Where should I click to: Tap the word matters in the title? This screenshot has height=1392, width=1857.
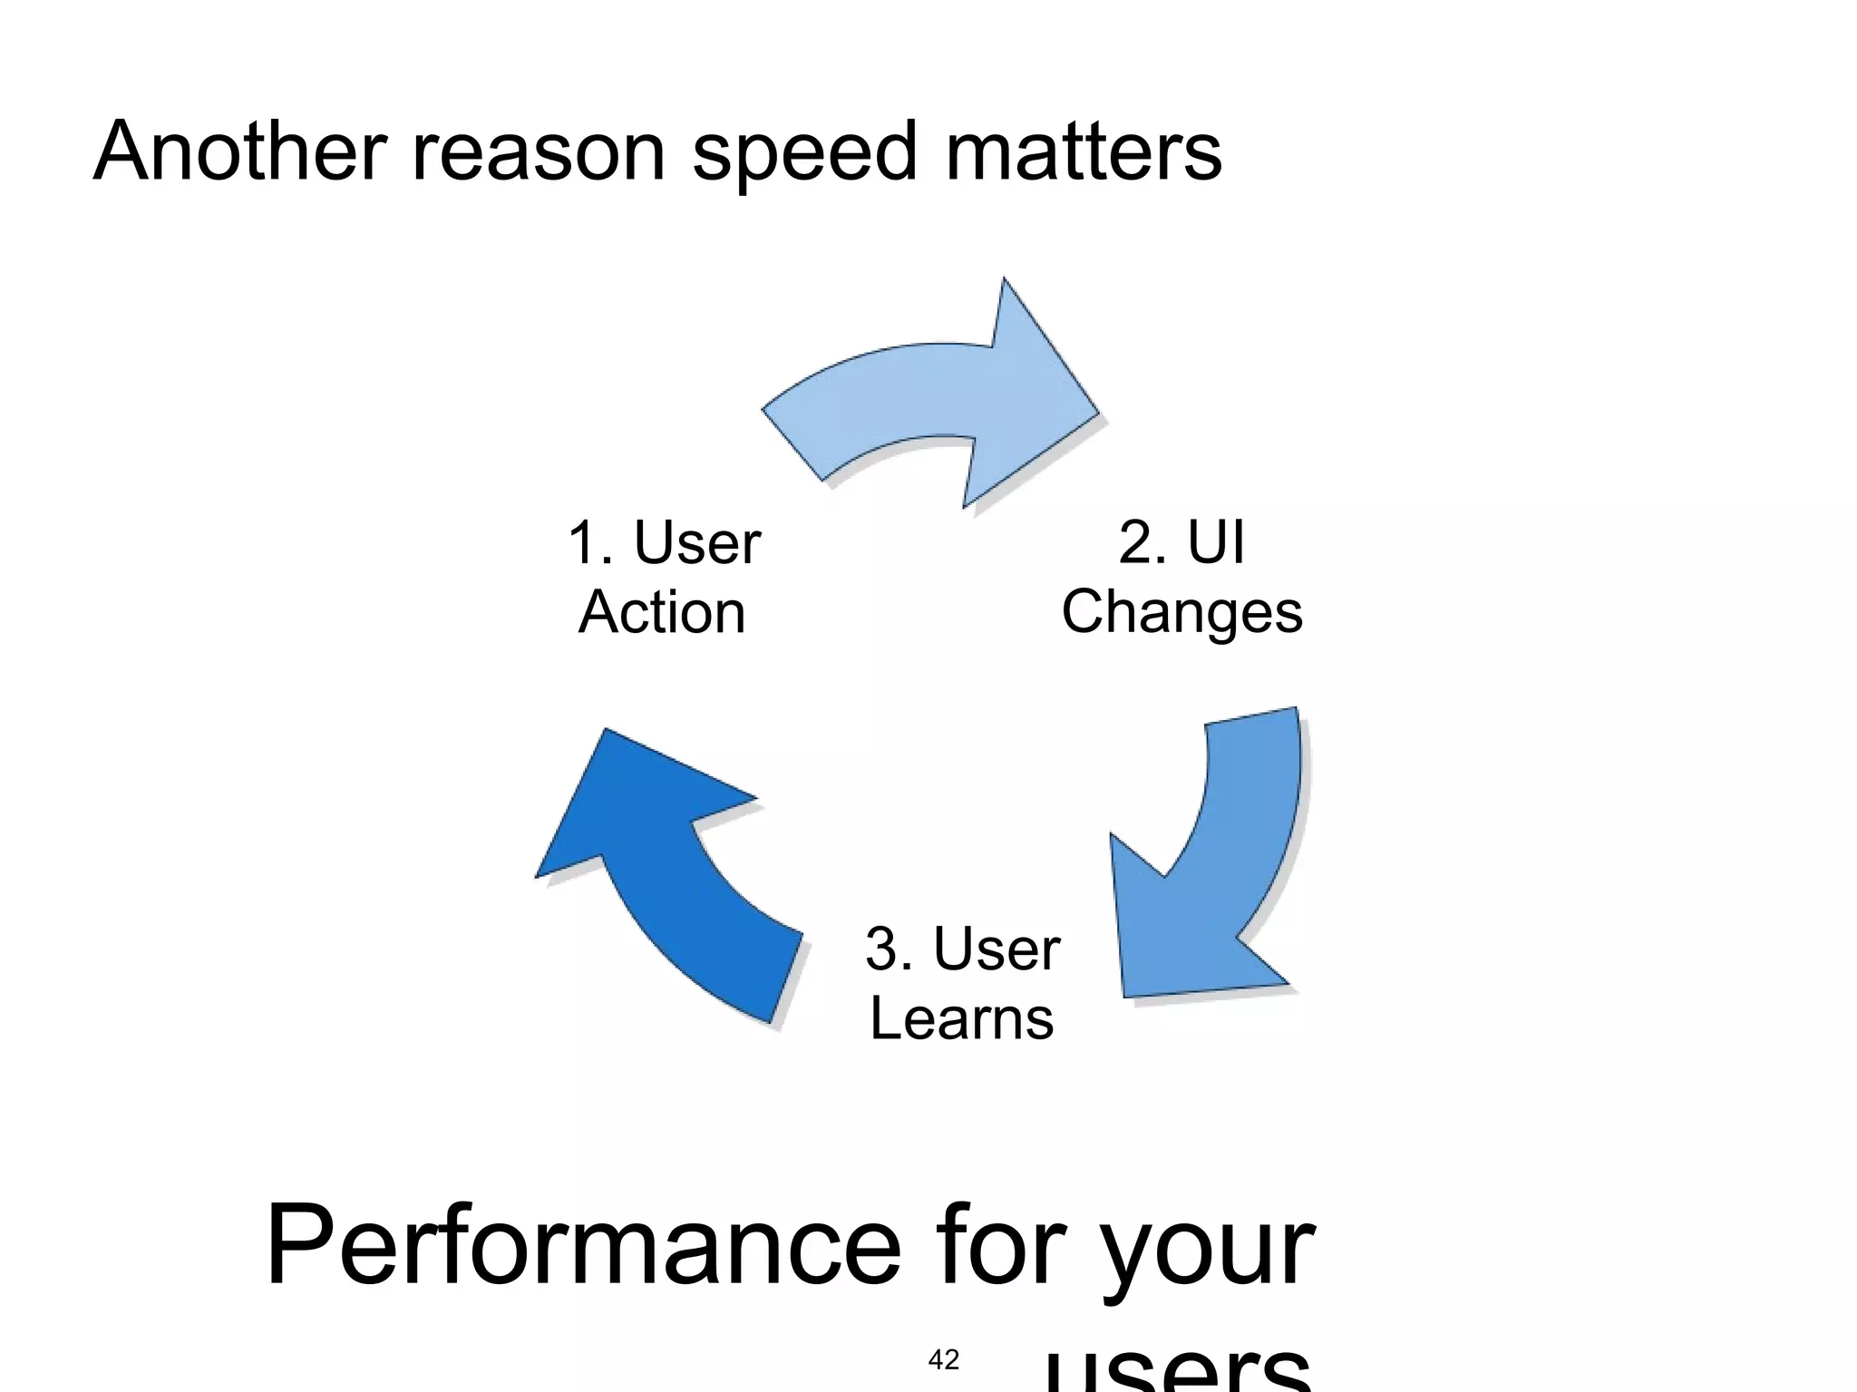tap(1084, 151)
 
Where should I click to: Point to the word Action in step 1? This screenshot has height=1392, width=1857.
tap(662, 613)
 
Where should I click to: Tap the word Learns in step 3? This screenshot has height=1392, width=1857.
tap(961, 1018)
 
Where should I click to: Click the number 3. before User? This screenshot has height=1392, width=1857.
tap(889, 949)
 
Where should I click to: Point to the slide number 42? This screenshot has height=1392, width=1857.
tap(944, 1359)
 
